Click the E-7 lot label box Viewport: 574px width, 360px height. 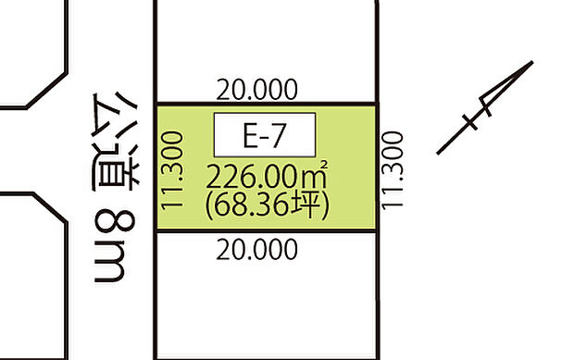pos(265,135)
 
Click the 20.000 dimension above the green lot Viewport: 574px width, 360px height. pos(257,90)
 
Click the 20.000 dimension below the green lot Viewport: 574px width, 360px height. pos(257,248)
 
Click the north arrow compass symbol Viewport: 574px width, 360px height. pos(486,106)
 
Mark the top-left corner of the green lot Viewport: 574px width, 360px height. pos(155,103)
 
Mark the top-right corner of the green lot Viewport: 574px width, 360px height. pos(378,103)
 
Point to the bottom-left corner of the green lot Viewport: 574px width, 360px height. pos(155,231)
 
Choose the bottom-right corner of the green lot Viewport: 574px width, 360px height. pos(378,231)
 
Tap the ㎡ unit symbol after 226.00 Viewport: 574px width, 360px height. pos(318,173)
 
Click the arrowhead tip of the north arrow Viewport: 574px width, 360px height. pos(532,63)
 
